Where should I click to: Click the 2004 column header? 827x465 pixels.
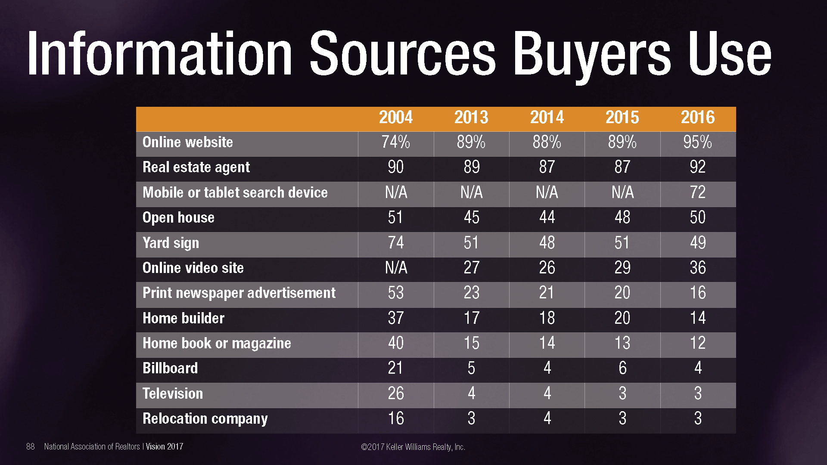pyautogui.click(x=395, y=118)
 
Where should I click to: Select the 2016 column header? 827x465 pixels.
pyautogui.click(x=698, y=118)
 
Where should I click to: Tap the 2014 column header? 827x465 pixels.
pyautogui.click(x=547, y=118)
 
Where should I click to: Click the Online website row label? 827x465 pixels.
pyautogui.click(x=187, y=143)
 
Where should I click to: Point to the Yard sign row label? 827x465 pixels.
pyautogui.click(x=171, y=243)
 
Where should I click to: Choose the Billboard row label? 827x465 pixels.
pyautogui.click(x=170, y=369)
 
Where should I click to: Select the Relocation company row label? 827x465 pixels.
pyautogui.click(x=205, y=419)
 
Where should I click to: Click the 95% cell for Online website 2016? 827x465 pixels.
pyautogui.click(x=697, y=143)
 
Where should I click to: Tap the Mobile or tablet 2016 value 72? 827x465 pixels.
pyautogui.click(x=698, y=192)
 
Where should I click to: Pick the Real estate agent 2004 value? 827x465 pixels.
pyautogui.click(x=395, y=167)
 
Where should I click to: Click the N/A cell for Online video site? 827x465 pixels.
pyautogui.click(x=395, y=268)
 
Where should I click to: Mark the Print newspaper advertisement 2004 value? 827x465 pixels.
pyautogui.click(x=395, y=293)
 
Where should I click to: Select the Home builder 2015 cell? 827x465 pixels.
pyautogui.click(x=622, y=318)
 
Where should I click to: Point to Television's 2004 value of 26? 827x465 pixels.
pyautogui.click(x=395, y=394)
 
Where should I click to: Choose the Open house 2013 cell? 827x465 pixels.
pyautogui.click(x=471, y=217)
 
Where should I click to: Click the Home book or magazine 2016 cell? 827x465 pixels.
pyautogui.click(x=698, y=343)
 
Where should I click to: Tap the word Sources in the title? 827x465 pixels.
pyautogui.click(x=403, y=54)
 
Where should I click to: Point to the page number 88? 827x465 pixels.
pyautogui.click(x=31, y=446)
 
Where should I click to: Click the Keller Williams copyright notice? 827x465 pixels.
pyautogui.click(x=413, y=447)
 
